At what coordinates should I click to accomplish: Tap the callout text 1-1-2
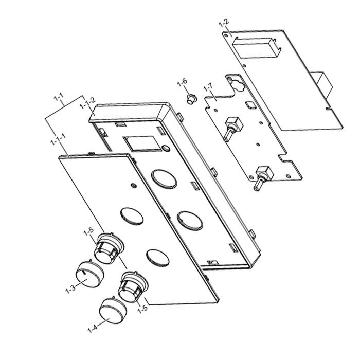87,106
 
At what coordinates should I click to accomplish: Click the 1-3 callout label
70,287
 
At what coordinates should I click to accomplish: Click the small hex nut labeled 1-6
190,98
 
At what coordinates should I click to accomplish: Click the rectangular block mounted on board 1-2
256,50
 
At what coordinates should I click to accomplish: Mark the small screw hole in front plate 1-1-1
133,185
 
